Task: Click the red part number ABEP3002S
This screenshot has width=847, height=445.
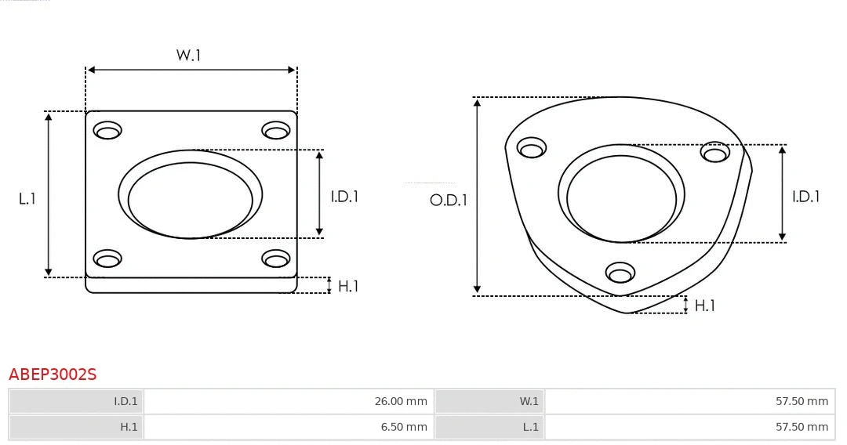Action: pos(53,374)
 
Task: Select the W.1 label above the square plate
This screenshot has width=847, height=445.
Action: pos(188,56)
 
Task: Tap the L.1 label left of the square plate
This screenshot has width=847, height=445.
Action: pos(27,199)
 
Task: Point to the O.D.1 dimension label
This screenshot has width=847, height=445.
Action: pos(449,201)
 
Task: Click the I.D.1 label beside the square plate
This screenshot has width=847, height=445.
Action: pos(344,197)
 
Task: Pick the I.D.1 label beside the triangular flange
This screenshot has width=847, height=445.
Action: pos(805,197)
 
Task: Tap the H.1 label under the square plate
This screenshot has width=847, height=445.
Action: pos(348,287)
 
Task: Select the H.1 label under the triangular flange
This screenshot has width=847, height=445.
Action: pos(705,306)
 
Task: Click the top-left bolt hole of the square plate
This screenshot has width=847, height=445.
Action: pos(107,130)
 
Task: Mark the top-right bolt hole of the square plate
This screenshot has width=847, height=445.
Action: pos(276,130)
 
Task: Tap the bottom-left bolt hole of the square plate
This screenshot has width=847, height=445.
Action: pos(107,259)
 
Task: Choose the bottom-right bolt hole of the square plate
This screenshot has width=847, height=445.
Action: pos(276,259)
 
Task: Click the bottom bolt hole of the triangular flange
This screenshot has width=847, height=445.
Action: pos(620,273)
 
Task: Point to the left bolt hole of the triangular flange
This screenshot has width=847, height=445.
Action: pos(532,148)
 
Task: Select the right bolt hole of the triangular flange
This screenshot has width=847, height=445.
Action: pos(715,152)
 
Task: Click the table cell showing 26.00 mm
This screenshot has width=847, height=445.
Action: pos(287,401)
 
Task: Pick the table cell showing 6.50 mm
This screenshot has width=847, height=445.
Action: pos(287,427)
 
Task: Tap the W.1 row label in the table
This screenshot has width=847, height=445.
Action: pos(489,401)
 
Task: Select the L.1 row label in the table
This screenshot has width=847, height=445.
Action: pos(489,427)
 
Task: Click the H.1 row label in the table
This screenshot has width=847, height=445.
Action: pos(76,427)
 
